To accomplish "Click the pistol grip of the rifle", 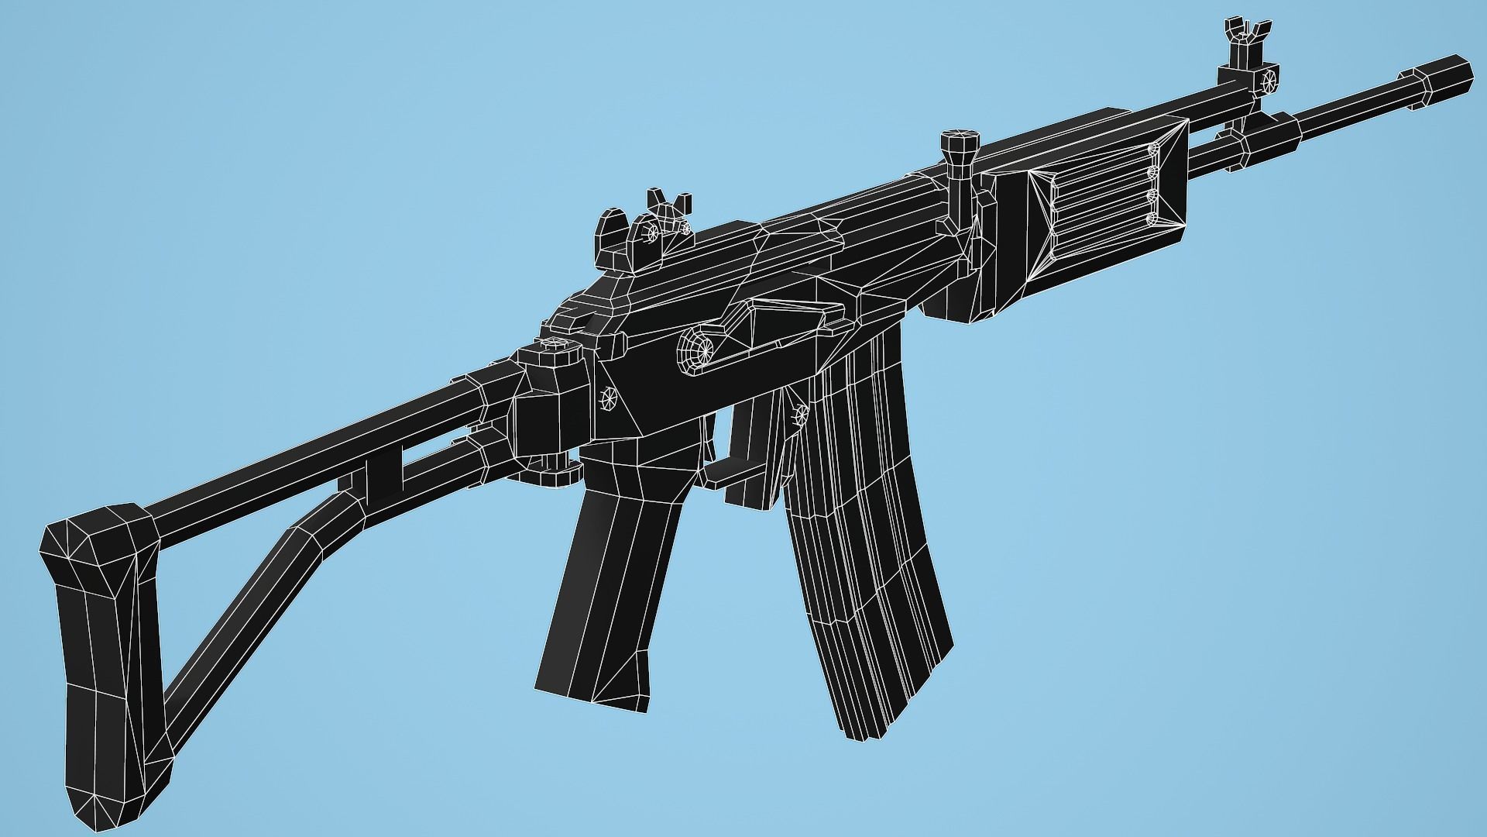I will coord(612,589).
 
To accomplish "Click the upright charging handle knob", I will coord(960,147).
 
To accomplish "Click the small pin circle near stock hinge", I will coord(608,400).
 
